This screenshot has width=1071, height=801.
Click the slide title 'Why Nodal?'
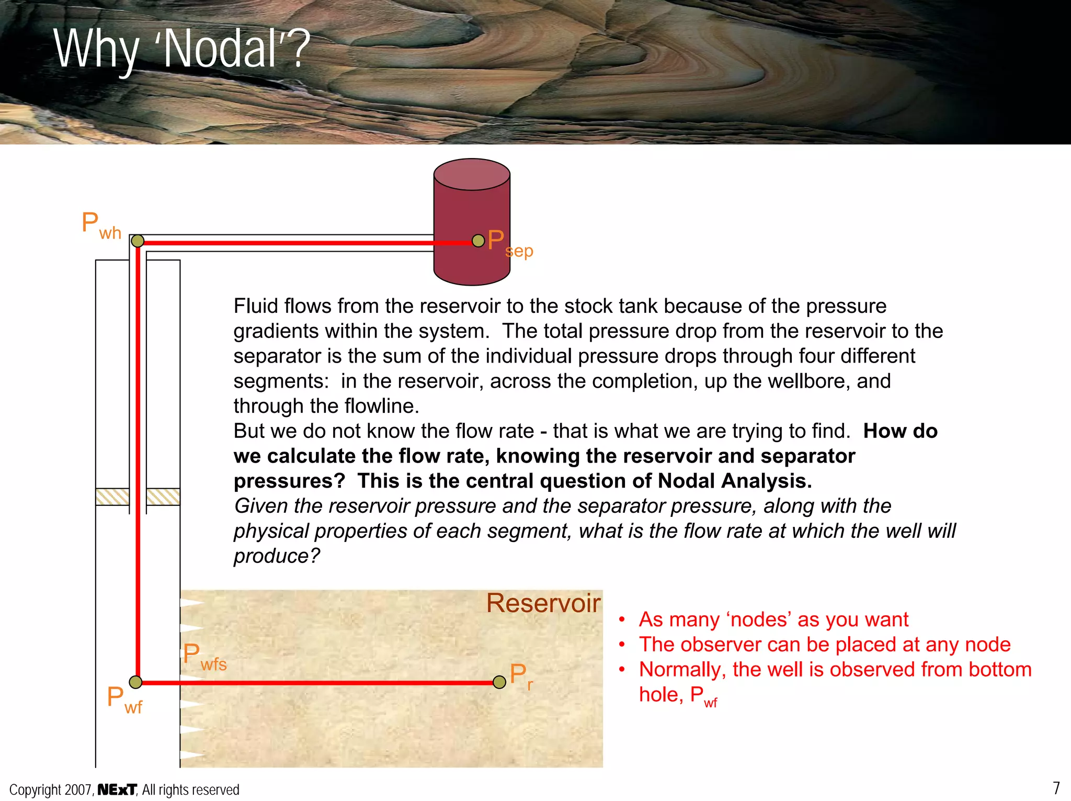coord(182,50)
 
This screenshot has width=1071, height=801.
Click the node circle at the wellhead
coord(138,241)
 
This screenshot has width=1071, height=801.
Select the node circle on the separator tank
coord(478,241)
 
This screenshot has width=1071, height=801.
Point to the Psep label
coord(509,244)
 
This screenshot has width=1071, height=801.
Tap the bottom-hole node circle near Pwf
coord(135,682)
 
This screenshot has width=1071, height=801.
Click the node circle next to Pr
coord(499,682)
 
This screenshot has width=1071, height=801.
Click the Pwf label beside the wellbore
coord(124,700)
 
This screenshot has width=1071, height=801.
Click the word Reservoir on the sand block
coord(543,603)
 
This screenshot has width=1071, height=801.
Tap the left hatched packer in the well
coord(112,497)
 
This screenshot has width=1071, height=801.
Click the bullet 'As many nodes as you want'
coord(773,620)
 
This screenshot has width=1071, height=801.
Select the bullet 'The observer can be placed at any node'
coord(824,645)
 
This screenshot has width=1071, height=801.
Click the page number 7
coord(1056,788)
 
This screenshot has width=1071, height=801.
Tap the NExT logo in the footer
coord(117,789)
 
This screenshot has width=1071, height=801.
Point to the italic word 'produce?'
coord(276,556)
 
